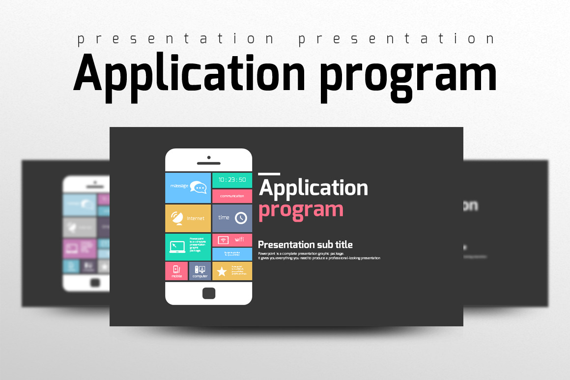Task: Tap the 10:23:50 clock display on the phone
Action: (x=232, y=180)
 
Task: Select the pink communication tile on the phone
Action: (x=232, y=196)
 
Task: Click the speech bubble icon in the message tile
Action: (x=199, y=187)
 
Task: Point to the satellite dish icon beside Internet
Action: (x=177, y=218)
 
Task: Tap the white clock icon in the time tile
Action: (x=241, y=218)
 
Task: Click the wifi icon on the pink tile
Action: (x=224, y=240)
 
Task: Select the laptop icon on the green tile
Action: (x=177, y=247)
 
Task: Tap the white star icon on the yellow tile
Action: (x=222, y=271)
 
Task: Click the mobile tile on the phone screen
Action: (x=176, y=271)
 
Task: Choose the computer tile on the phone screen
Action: (x=200, y=271)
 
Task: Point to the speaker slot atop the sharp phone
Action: (x=208, y=163)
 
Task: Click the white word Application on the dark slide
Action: (x=313, y=188)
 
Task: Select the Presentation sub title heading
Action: (x=305, y=245)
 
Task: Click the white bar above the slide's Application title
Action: (x=269, y=174)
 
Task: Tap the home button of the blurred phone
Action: (x=95, y=283)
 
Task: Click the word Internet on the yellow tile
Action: (x=196, y=219)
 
